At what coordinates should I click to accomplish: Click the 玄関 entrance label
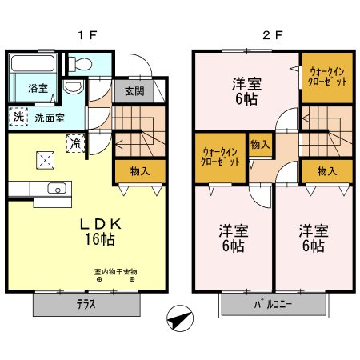click(x=134, y=90)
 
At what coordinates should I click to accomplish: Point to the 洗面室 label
click(x=49, y=118)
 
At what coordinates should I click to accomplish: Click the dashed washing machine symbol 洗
click(x=17, y=117)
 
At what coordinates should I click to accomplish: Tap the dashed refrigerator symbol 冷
click(x=74, y=143)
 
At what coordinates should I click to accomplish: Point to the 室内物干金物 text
click(x=115, y=272)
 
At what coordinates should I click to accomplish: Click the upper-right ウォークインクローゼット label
click(x=326, y=78)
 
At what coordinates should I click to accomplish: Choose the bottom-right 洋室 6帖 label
click(x=312, y=238)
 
